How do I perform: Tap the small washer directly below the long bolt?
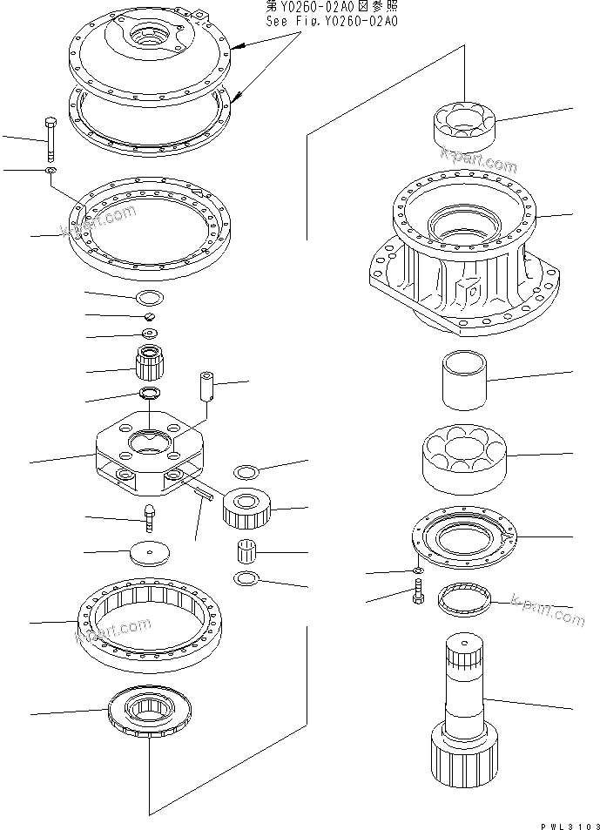point(51,172)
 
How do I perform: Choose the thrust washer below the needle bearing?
point(246,578)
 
